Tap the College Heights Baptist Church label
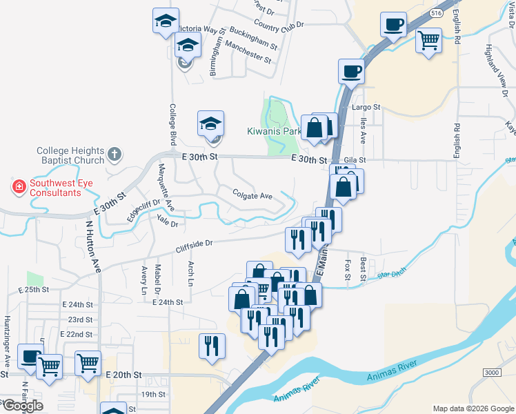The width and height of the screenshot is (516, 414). (70, 155)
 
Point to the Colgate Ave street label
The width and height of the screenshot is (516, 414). (252, 196)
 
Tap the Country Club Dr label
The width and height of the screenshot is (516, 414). (279, 24)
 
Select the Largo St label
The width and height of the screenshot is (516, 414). (366, 107)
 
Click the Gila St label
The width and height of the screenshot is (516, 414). (354, 159)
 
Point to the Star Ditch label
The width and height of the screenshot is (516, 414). (393, 277)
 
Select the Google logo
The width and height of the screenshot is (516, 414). (23, 406)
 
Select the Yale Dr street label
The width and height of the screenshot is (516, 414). (168, 222)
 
